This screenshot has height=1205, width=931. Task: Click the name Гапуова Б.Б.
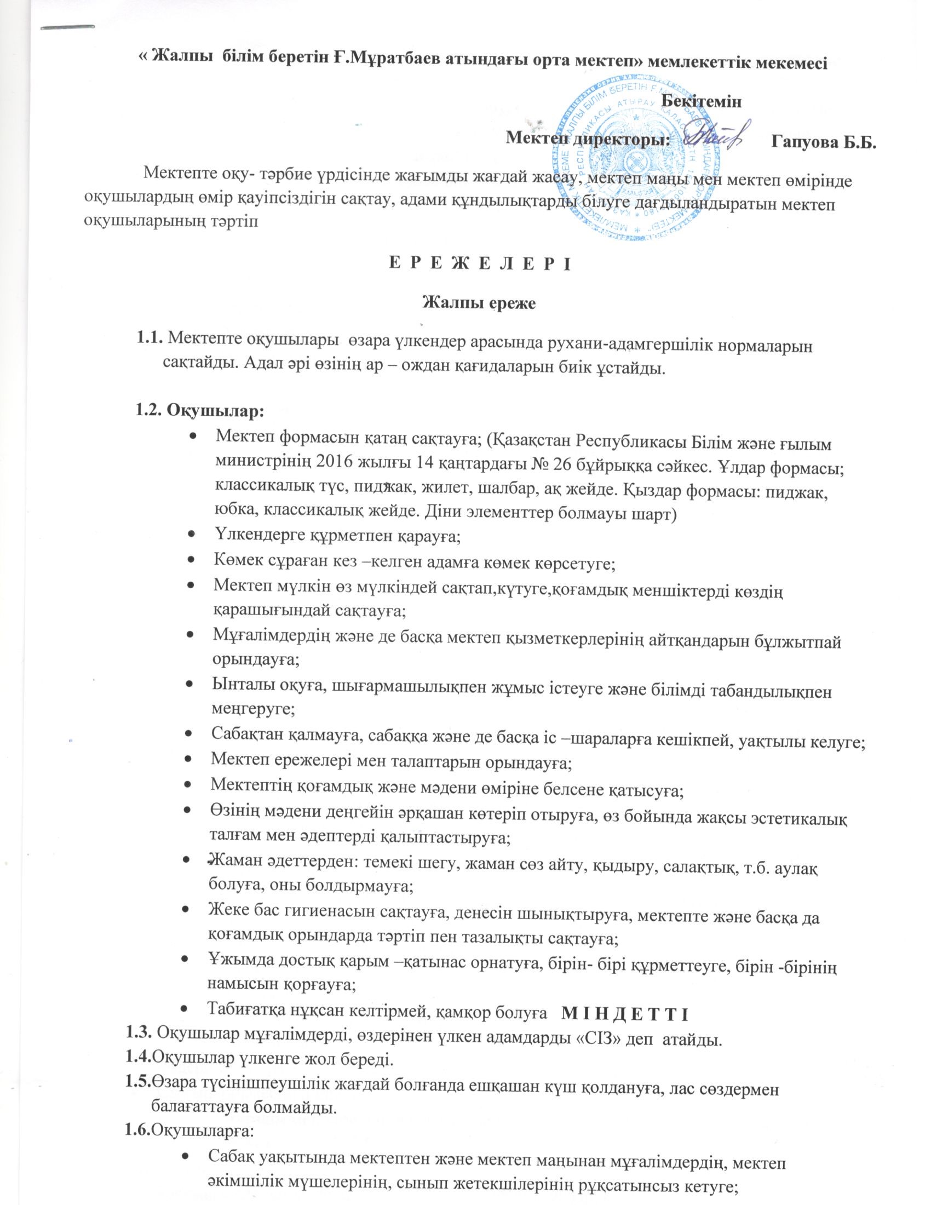click(x=824, y=141)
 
